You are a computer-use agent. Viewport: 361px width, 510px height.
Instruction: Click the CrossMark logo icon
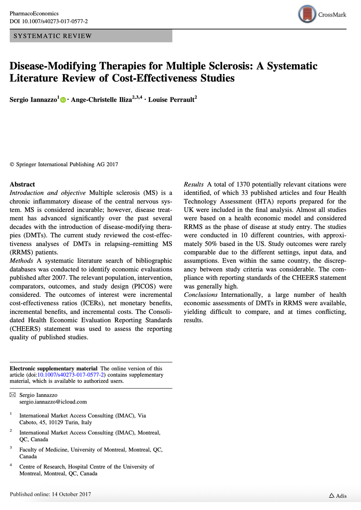307,14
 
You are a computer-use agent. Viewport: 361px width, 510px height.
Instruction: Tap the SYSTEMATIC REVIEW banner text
53,36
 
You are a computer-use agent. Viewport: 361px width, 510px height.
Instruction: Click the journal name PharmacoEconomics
34,14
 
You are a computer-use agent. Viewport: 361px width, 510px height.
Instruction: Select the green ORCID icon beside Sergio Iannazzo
63,100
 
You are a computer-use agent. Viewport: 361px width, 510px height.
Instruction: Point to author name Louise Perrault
171,100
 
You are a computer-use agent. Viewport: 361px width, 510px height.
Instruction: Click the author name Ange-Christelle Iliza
101,100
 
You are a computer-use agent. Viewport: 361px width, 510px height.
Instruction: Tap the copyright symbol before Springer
12,164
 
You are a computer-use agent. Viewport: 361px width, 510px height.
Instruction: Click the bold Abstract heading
22,184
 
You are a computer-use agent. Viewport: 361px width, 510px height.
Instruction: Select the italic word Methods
21,261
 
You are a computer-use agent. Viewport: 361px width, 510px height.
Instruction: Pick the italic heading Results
193,184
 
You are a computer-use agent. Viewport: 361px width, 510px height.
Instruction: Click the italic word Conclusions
201,295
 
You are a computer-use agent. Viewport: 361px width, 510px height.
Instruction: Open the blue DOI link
71,375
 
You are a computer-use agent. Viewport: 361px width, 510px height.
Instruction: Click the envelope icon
13,395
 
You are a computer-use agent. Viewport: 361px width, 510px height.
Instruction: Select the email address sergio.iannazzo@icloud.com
53,402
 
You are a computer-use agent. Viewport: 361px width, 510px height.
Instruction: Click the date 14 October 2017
71,494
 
